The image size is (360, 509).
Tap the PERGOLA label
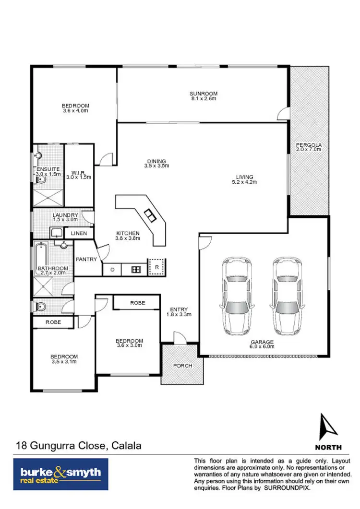point(309,144)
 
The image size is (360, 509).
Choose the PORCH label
point(182,366)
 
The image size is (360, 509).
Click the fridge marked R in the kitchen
point(156,268)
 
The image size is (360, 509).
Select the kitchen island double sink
point(150,216)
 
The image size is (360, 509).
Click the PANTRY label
point(86,260)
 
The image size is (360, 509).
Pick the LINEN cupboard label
point(79,233)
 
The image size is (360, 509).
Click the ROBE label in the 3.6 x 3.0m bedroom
point(136,303)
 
